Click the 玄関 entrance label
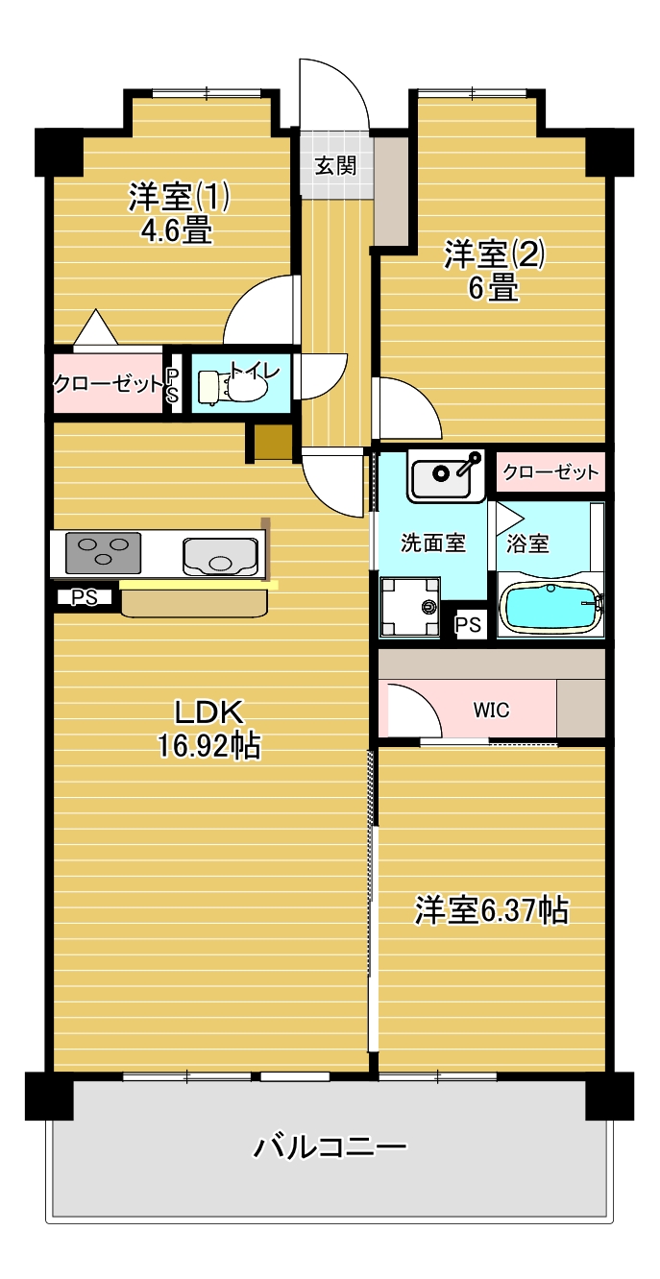click(335, 165)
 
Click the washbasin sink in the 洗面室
click(446, 475)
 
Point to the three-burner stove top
click(103, 553)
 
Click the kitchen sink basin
click(220, 556)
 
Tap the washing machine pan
click(409, 607)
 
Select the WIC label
click(491, 711)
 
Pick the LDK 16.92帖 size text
click(209, 729)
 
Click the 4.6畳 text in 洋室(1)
click(177, 231)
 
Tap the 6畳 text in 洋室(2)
click(494, 288)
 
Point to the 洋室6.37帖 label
click(492, 910)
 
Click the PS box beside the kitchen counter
click(85, 597)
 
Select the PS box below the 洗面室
click(469, 625)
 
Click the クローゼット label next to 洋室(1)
click(108, 383)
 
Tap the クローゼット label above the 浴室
click(550, 471)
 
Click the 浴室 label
click(527, 543)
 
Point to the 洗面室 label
click(432, 543)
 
